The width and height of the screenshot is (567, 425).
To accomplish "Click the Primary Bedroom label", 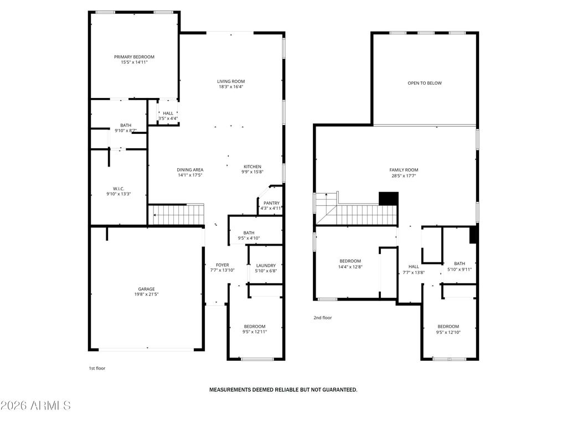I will click(134, 57).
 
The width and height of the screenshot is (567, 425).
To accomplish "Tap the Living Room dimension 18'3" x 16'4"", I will click(231, 87).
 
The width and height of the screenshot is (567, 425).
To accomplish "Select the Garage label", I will click(146, 289).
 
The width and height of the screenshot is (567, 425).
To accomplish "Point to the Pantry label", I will click(271, 203).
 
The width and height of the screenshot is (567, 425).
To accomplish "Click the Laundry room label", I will click(265, 266).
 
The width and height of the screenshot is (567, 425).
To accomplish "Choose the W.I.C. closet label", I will click(118, 189).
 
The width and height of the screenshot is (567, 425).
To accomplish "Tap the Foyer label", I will click(222, 265).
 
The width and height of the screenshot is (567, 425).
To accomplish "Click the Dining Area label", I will click(190, 170).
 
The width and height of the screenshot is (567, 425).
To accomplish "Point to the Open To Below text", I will click(425, 83).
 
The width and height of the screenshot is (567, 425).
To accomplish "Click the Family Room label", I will click(404, 170).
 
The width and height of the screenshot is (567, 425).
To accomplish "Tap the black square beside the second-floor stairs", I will click(388, 199).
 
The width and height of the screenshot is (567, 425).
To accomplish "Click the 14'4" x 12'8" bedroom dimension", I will click(350, 267).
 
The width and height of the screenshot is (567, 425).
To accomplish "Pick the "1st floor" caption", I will click(97, 368).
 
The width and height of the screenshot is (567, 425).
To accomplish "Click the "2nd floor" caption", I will click(322, 318).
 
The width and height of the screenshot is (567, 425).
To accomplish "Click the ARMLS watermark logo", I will click(35, 406).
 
